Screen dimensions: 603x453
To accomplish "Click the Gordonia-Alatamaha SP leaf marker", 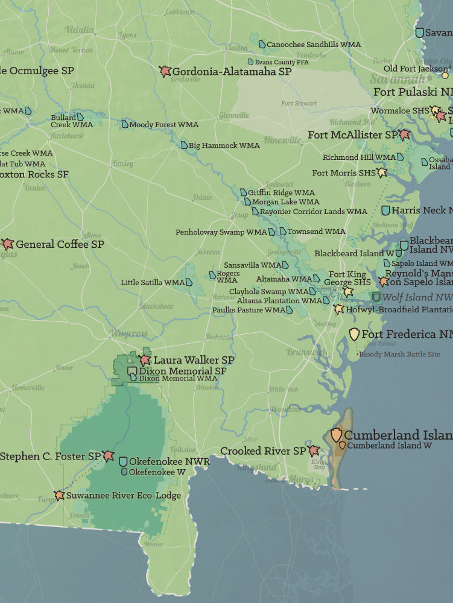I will point(165,71).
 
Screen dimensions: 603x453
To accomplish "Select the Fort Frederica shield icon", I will point(354,334).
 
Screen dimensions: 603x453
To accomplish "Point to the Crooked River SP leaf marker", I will point(314,450).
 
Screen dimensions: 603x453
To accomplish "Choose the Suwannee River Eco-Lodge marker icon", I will point(59,495).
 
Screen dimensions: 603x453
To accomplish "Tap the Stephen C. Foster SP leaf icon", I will point(109,456).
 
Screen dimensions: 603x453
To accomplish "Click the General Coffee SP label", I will point(60,244).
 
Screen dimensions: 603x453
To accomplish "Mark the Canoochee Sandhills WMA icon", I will point(262,44).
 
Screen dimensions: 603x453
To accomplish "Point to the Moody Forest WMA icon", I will point(125,124).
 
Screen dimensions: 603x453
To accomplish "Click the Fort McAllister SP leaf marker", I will point(404,134).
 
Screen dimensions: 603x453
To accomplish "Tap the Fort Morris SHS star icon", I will point(381,172).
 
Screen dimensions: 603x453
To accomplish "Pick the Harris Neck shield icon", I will point(385,210).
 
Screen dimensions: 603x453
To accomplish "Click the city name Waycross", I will point(128,333).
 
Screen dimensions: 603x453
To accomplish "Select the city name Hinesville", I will point(282,140).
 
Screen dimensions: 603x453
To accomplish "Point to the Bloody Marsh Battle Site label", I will point(399,354).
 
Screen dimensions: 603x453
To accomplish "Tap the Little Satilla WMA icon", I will point(189,282).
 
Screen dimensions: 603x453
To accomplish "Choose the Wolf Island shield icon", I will point(376,297).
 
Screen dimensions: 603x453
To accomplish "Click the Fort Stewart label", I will point(299,103).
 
